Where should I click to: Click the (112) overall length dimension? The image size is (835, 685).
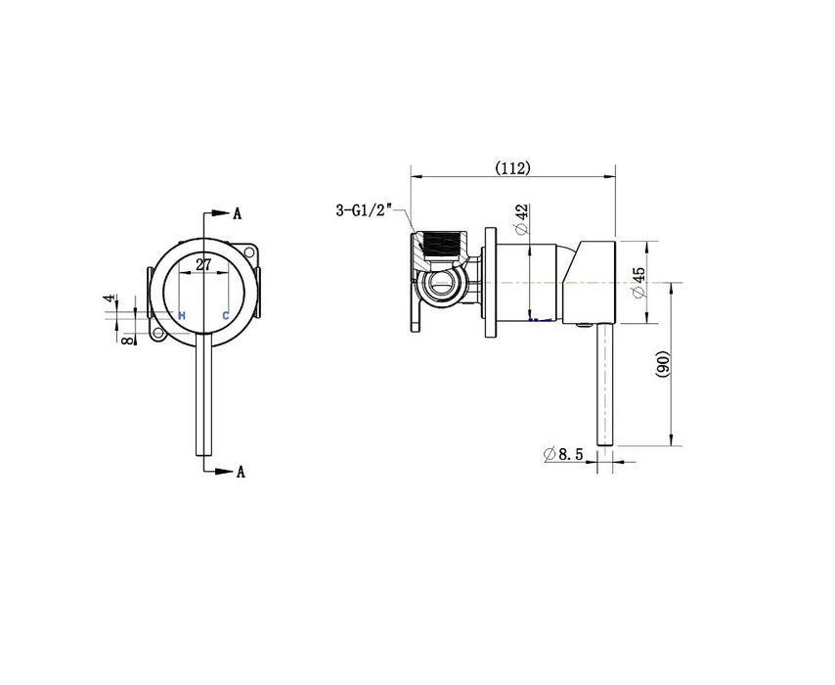[x=512, y=168]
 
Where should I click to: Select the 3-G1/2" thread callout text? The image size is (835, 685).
[x=364, y=209]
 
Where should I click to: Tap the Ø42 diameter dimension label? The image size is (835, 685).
[x=522, y=219]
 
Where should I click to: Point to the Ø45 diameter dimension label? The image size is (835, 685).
[x=638, y=283]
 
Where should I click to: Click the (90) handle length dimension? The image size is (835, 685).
[x=662, y=364]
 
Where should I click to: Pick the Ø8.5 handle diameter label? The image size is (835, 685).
[x=563, y=454]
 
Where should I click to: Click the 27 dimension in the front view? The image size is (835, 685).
[x=203, y=264]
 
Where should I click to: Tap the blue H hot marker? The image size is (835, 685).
[x=182, y=315]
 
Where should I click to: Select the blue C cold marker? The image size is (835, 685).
[x=225, y=315]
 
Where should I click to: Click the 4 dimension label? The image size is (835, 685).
[x=110, y=298]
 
